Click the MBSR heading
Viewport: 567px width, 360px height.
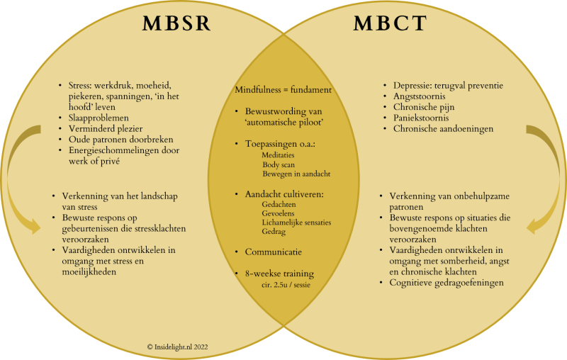pos(178,24)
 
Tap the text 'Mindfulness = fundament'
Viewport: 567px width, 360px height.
pos(283,91)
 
